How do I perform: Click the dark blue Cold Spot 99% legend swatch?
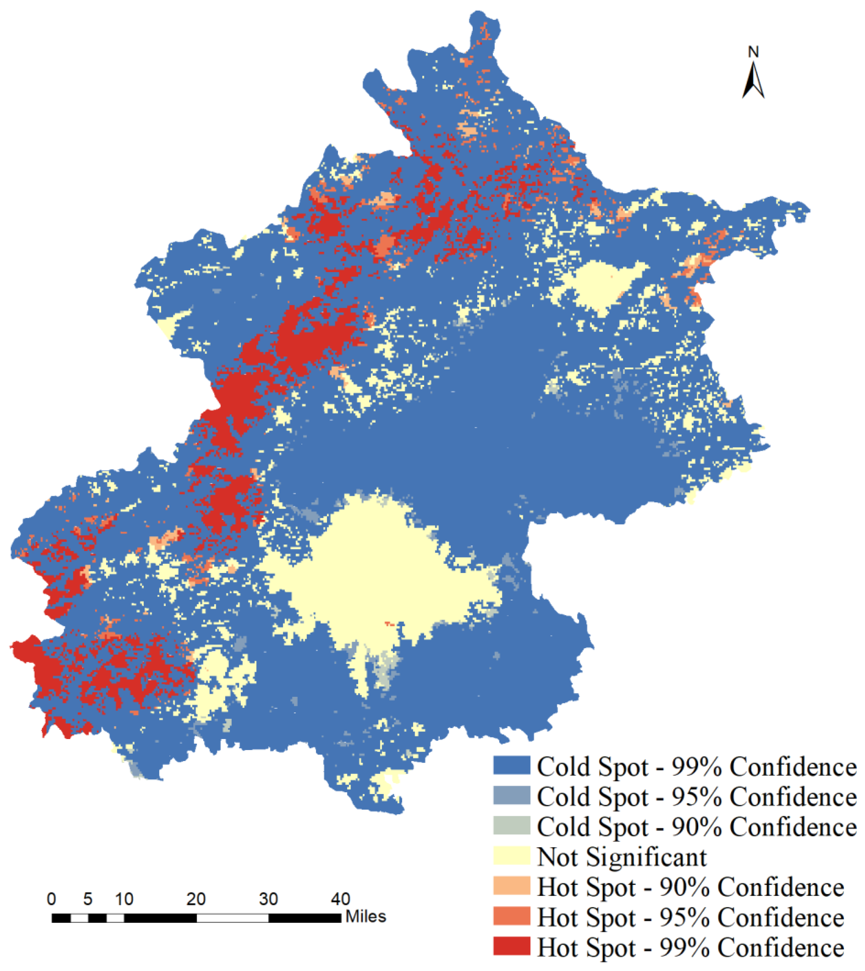click(x=511, y=766)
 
